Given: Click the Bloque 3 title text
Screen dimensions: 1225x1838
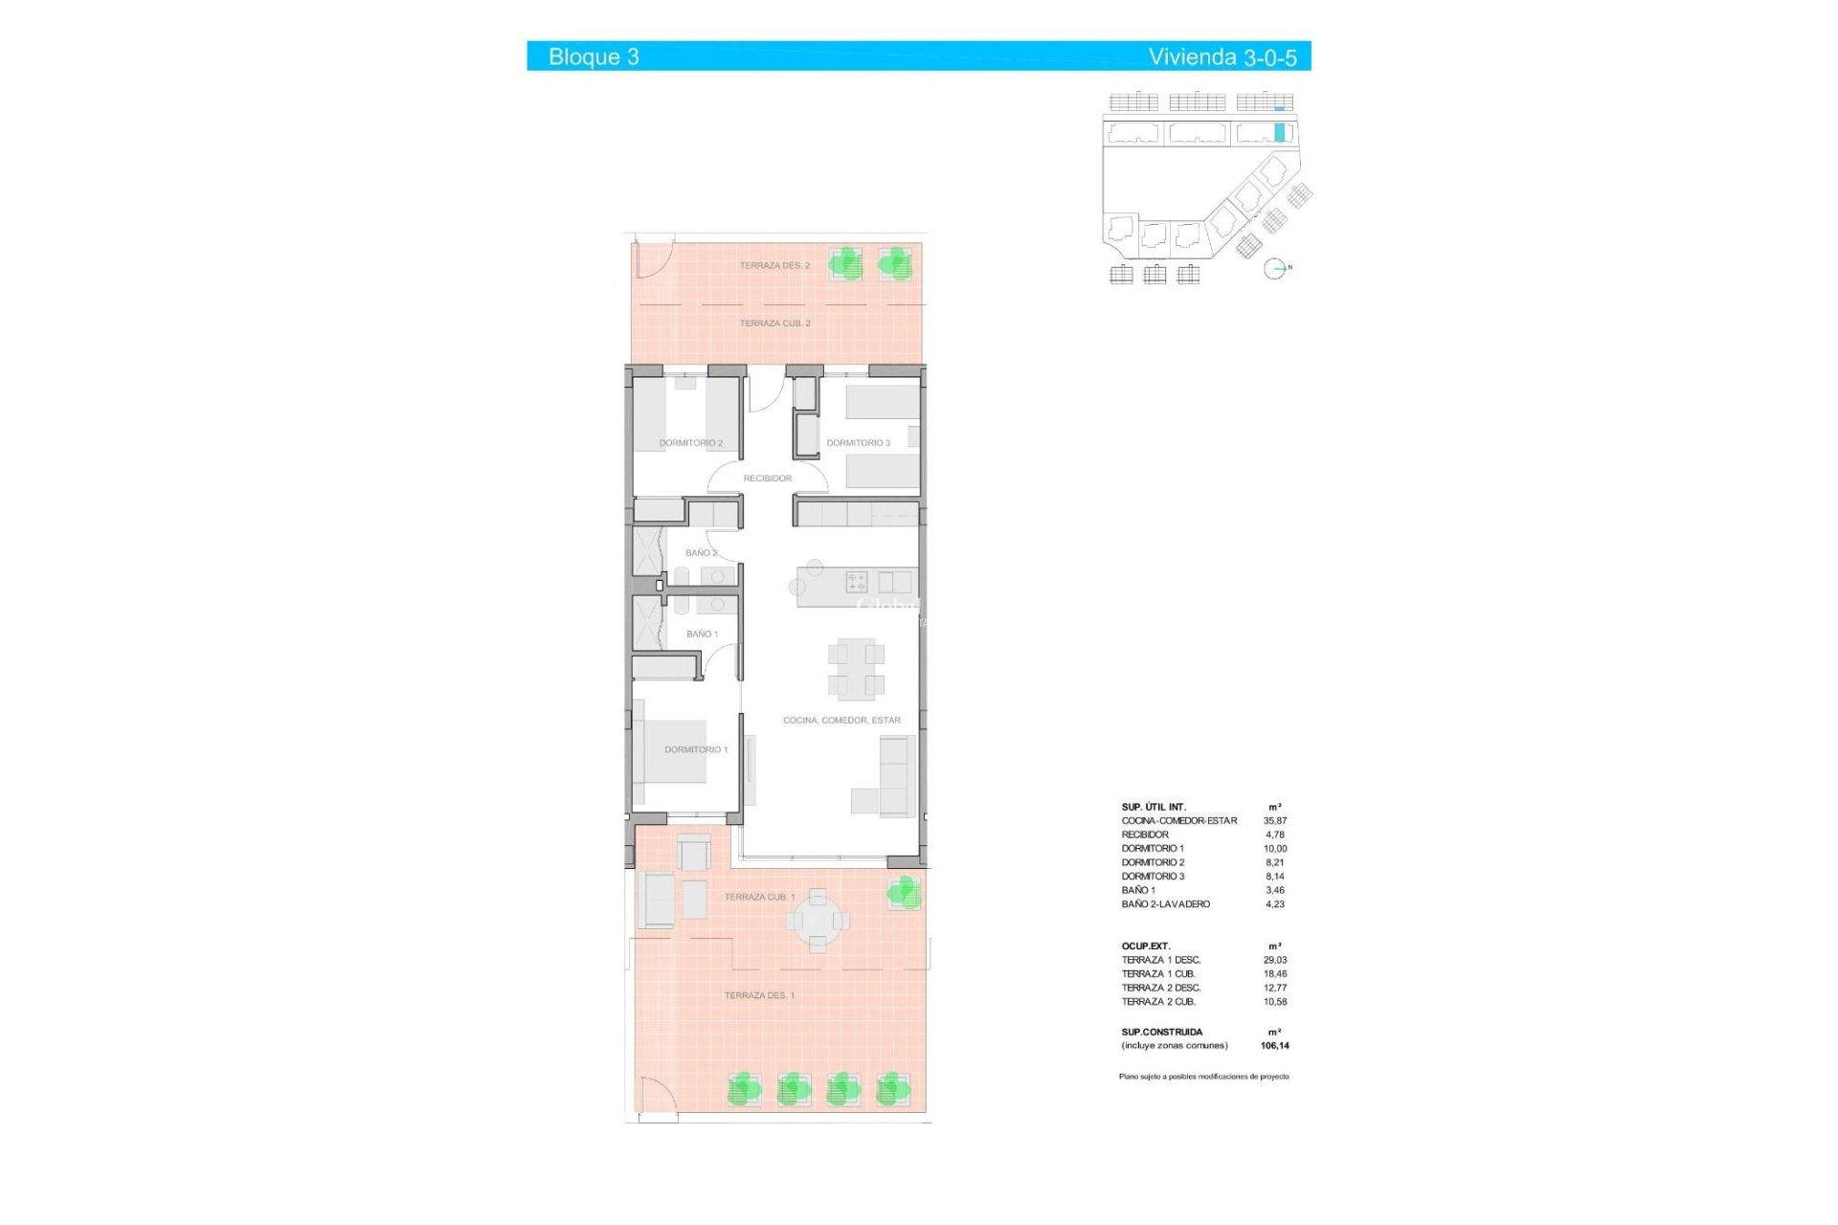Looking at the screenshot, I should pyautogui.click(x=594, y=56).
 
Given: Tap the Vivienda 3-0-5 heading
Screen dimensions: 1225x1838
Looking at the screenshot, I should pyautogui.click(x=1222, y=56).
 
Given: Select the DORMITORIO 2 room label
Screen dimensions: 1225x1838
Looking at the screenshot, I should pyautogui.click(x=690, y=443).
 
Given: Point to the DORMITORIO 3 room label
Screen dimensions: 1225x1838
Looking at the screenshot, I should pyautogui.click(x=858, y=443).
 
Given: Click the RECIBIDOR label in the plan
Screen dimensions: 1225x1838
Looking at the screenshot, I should pyautogui.click(x=768, y=479).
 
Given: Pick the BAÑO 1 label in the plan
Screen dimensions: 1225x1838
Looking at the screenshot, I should pyautogui.click(x=702, y=635).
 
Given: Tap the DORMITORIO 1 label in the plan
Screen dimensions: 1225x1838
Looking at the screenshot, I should pyautogui.click(x=696, y=749).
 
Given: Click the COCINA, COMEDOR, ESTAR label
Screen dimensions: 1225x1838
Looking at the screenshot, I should pyautogui.click(x=841, y=721).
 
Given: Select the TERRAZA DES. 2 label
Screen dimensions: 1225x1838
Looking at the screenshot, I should pyautogui.click(x=774, y=265).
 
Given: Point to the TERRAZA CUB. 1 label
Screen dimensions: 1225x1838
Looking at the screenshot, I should pyautogui.click(x=759, y=897).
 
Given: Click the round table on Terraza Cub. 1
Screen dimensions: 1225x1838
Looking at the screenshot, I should pyautogui.click(x=818, y=921).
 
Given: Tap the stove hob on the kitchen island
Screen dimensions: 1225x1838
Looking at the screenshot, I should pyautogui.click(x=856, y=581).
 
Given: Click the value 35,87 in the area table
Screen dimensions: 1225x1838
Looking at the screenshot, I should pyautogui.click(x=1274, y=821).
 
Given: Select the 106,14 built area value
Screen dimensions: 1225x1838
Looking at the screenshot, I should pyautogui.click(x=1274, y=1046).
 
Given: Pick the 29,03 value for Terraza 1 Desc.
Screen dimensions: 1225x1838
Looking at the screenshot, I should pyautogui.click(x=1274, y=960).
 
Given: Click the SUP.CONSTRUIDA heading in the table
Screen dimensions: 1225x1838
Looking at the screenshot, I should pyautogui.click(x=1161, y=1033).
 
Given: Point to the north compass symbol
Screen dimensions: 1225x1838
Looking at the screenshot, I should pyautogui.click(x=1275, y=269).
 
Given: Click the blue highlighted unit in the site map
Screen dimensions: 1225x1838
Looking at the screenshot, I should pyautogui.click(x=1279, y=132).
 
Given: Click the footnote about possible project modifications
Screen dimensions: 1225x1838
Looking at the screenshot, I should pyautogui.click(x=1203, y=1077).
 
